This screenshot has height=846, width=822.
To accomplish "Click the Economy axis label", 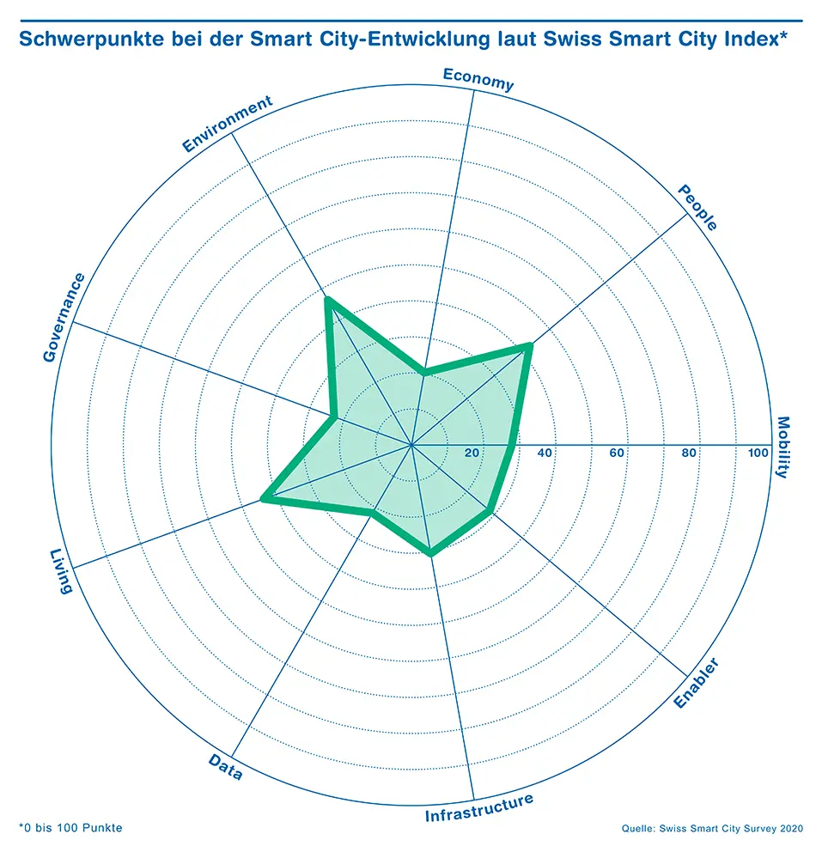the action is (478, 79).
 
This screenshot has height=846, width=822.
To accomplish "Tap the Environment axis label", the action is (228, 124).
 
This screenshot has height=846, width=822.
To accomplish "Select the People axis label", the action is (697, 207).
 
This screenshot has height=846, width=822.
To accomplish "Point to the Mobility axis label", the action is (782, 447).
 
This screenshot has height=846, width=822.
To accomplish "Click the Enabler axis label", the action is (697, 683).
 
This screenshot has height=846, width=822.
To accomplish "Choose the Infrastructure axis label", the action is (479, 808).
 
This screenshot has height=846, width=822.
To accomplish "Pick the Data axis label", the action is (226, 767).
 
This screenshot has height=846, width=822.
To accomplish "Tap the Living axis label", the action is (61, 571).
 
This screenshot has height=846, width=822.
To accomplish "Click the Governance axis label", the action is (64, 317).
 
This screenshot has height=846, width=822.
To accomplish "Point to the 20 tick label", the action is (472, 453).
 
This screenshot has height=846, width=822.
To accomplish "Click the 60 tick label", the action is (617, 453).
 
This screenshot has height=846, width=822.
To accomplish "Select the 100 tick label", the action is (758, 453).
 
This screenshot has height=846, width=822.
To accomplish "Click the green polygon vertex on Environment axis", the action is (327, 300).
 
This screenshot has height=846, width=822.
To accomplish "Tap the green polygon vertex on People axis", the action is (529, 345).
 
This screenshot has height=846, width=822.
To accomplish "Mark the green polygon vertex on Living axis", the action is (264, 499).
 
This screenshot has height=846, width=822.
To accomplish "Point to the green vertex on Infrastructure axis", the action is (430, 553).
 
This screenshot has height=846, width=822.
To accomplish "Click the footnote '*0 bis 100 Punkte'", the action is (70, 828).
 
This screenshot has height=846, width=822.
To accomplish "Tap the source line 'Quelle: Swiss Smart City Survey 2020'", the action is (712, 828).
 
